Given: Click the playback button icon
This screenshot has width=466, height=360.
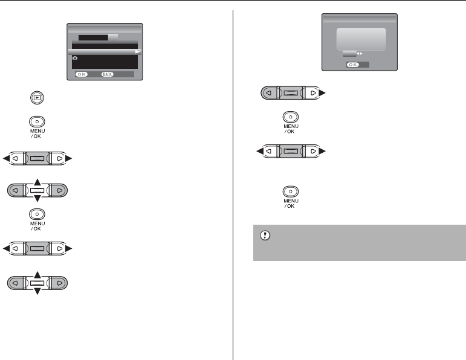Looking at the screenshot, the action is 37,97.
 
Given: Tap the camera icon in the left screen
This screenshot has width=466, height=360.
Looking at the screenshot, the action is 75,59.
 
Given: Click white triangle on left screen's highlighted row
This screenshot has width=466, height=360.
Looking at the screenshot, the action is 137,53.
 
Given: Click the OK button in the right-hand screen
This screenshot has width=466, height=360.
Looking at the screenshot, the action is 351,63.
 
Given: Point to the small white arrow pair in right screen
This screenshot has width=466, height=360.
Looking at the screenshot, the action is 361,53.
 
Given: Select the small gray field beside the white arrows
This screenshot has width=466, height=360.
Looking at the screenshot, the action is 349,53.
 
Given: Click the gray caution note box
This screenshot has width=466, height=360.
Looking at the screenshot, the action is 359,242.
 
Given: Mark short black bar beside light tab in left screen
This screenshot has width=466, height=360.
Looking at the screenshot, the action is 93,37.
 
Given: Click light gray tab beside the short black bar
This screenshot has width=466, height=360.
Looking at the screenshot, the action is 113,37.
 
